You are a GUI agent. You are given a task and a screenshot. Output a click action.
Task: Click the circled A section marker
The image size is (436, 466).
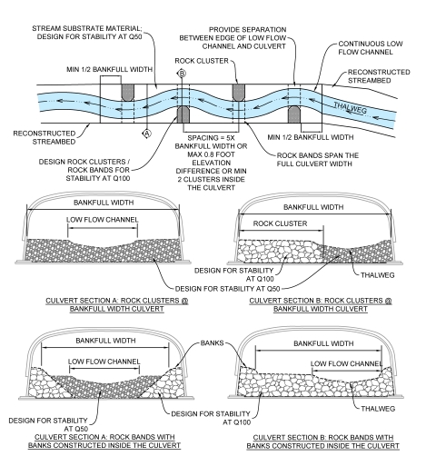click(x=145, y=133)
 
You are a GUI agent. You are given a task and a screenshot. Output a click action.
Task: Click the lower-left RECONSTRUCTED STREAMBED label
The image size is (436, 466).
click(x=36, y=139)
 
